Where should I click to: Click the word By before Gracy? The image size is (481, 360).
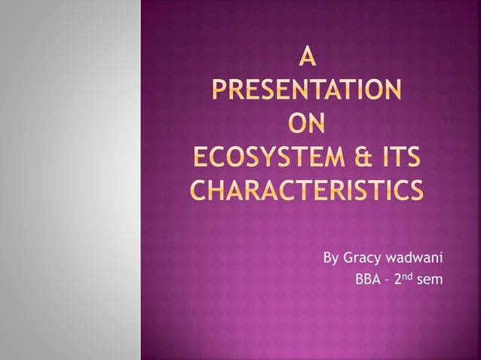pos(331,260)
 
